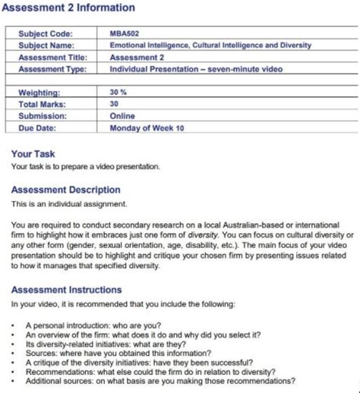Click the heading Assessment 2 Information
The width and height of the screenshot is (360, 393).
(68, 8)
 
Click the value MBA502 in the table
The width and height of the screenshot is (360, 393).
(123, 33)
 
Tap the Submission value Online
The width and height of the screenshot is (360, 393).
(122, 116)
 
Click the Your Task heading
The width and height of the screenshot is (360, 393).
(33, 154)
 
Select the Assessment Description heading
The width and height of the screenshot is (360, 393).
(65, 190)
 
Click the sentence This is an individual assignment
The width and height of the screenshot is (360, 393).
(69, 203)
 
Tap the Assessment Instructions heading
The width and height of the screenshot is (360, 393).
(66, 289)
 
